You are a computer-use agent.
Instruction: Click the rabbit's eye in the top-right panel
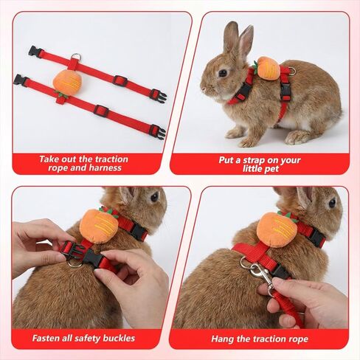coord(223,73)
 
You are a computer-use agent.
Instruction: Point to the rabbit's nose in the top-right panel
coord(203,89)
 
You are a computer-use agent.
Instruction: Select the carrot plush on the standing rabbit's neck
coord(269,68)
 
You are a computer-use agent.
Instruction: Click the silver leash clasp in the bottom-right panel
coord(261,274)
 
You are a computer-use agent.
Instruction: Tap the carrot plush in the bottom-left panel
coord(99,226)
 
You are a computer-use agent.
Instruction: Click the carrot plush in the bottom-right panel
coord(277,229)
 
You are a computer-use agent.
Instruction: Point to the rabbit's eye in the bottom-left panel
coord(155,197)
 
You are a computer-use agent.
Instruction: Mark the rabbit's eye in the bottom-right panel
coord(332,203)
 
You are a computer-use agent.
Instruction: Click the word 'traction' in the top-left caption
coord(111,159)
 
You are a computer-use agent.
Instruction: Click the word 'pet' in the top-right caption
coord(272,169)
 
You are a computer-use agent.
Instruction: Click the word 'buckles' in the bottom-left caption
coord(119,339)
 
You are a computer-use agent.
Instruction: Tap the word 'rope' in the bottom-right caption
coord(299,339)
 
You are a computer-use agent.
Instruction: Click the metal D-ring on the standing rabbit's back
coord(291,71)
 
